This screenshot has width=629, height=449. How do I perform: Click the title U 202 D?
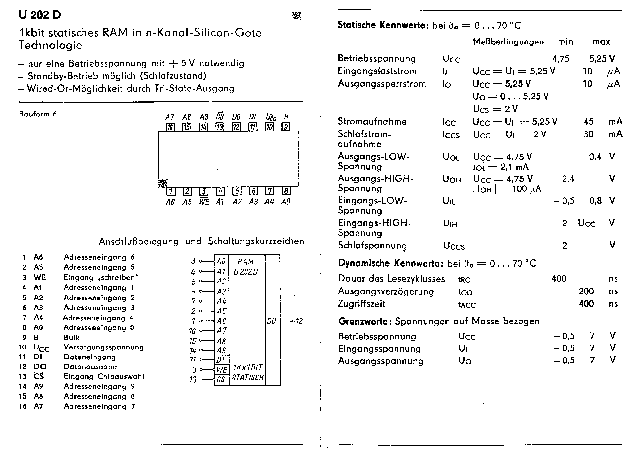pyautogui.click(x=40, y=15)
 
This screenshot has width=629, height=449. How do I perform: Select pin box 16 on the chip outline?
pyautogui.click(x=170, y=127)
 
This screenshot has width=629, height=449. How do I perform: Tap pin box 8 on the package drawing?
pyautogui.click(x=286, y=191)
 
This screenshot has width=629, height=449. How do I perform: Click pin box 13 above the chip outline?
pyautogui.click(x=220, y=127)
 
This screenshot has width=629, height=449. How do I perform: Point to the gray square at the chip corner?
pyautogui.click(x=163, y=183)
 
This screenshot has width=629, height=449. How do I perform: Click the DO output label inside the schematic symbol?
pyautogui.click(x=271, y=321)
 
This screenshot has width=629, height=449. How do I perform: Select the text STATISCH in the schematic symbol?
pyautogui.click(x=247, y=378)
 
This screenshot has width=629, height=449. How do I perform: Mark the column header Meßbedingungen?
pyautogui.click(x=508, y=42)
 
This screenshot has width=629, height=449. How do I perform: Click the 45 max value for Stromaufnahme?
pyautogui.click(x=588, y=122)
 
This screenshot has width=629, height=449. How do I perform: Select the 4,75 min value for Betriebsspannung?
pyautogui.click(x=561, y=59)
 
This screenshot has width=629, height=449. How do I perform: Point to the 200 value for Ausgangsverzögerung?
pyautogui.click(x=586, y=291)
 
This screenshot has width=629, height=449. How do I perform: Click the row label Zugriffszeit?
pyautogui.click(x=361, y=304)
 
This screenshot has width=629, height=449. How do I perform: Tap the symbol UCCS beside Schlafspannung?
pyautogui.click(x=454, y=246)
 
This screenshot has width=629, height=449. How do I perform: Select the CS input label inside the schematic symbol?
pyautogui.click(x=221, y=379)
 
